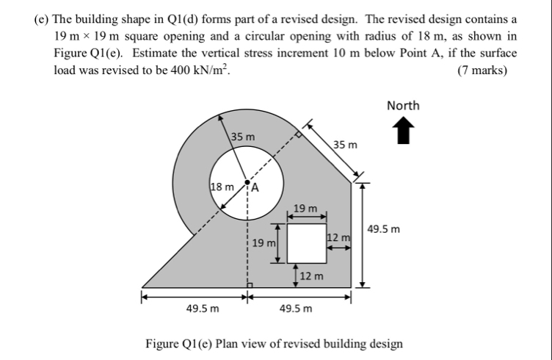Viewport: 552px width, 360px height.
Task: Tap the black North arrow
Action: [x=402, y=132]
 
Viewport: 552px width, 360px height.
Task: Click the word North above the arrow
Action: [x=403, y=105]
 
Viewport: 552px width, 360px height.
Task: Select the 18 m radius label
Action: [x=223, y=185]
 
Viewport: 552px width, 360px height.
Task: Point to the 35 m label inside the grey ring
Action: [x=243, y=137]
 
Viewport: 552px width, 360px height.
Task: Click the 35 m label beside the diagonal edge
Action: [x=346, y=145]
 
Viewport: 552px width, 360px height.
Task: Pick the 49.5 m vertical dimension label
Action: [x=384, y=229]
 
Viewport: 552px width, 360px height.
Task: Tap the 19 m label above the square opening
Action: [x=305, y=209]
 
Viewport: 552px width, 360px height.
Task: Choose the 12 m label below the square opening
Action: [x=312, y=276]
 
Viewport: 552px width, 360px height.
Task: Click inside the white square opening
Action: [x=307, y=242]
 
